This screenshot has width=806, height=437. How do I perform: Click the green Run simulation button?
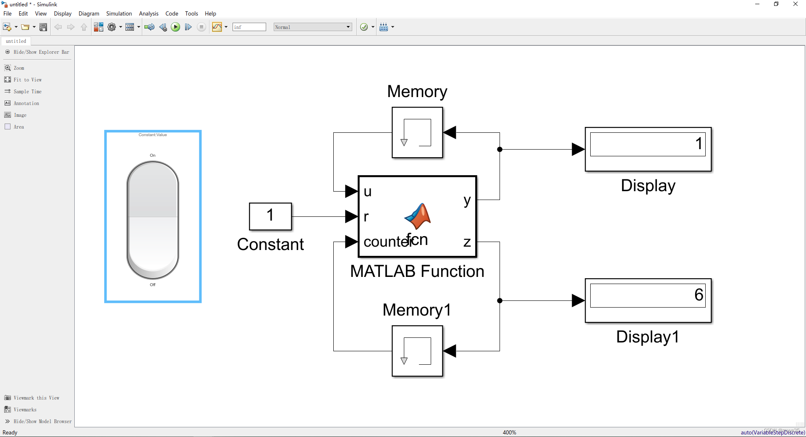click(175, 27)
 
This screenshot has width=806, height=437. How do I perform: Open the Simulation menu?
click(119, 13)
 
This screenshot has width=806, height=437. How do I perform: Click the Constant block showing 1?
click(270, 216)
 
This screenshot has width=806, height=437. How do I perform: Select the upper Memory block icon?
click(417, 132)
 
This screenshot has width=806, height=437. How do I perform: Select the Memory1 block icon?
click(417, 351)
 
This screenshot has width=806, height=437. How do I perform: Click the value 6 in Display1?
click(699, 295)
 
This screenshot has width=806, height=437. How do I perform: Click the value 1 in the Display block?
click(699, 144)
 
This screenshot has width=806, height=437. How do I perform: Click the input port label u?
click(368, 192)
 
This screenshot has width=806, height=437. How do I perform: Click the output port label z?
click(467, 242)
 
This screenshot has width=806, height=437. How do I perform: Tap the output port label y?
click(467, 200)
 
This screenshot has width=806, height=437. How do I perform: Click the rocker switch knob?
click(153, 220)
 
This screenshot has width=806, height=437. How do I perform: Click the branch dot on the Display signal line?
click(500, 149)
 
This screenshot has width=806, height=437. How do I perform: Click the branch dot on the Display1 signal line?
click(500, 300)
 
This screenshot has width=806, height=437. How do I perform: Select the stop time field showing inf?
click(249, 27)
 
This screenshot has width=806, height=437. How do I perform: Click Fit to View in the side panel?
click(27, 80)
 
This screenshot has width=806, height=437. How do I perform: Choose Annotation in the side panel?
click(26, 103)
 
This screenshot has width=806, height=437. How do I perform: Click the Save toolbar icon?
click(43, 27)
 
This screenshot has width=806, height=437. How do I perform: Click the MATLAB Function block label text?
click(417, 271)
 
